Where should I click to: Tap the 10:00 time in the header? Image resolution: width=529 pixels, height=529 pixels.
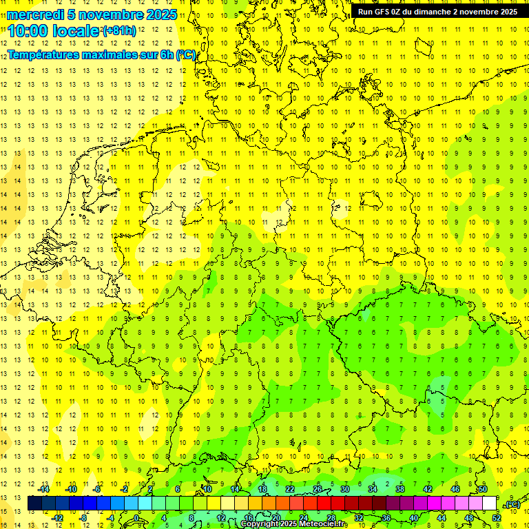pyautogui.click(x=27, y=30)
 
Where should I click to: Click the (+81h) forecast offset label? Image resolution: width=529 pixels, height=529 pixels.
pyautogui.click(x=118, y=30)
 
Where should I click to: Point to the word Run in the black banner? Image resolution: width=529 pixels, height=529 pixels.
pyautogui.click(x=366, y=12)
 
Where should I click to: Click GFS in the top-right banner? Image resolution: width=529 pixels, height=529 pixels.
pyautogui.click(x=385, y=12)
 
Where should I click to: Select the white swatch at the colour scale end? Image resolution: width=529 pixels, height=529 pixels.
pyautogui.click(x=489, y=504)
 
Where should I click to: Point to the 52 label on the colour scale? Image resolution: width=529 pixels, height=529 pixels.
pyautogui.click(x=497, y=518)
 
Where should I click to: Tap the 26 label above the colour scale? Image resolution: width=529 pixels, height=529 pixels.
pyautogui.click(x=318, y=489)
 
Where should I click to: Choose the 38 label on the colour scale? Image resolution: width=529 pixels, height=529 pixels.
pyautogui.click(x=400, y=489)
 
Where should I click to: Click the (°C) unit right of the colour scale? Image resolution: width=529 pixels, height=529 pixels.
pyautogui.click(x=512, y=504)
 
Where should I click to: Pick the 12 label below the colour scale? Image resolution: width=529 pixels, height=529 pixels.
pyautogui.click(x=221, y=518)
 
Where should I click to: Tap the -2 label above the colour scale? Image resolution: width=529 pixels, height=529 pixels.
pyautogui.click(x=124, y=489)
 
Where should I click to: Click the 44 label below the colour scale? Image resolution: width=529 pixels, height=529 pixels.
pyautogui.click(x=442, y=518)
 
